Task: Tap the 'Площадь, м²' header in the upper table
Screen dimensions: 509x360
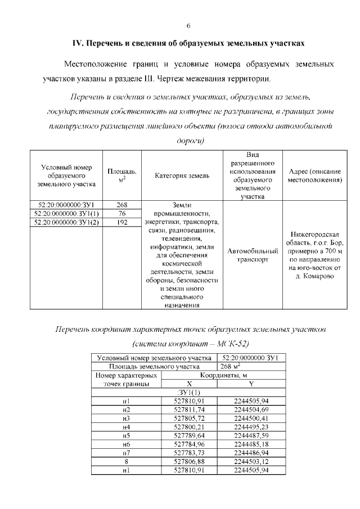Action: coord(121,175)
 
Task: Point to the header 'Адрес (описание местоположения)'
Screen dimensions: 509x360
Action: coord(315,175)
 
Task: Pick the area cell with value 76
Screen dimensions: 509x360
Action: coord(121,214)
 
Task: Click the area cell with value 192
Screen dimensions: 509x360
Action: coord(121,223)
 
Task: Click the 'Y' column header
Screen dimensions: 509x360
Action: coord(251,384)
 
